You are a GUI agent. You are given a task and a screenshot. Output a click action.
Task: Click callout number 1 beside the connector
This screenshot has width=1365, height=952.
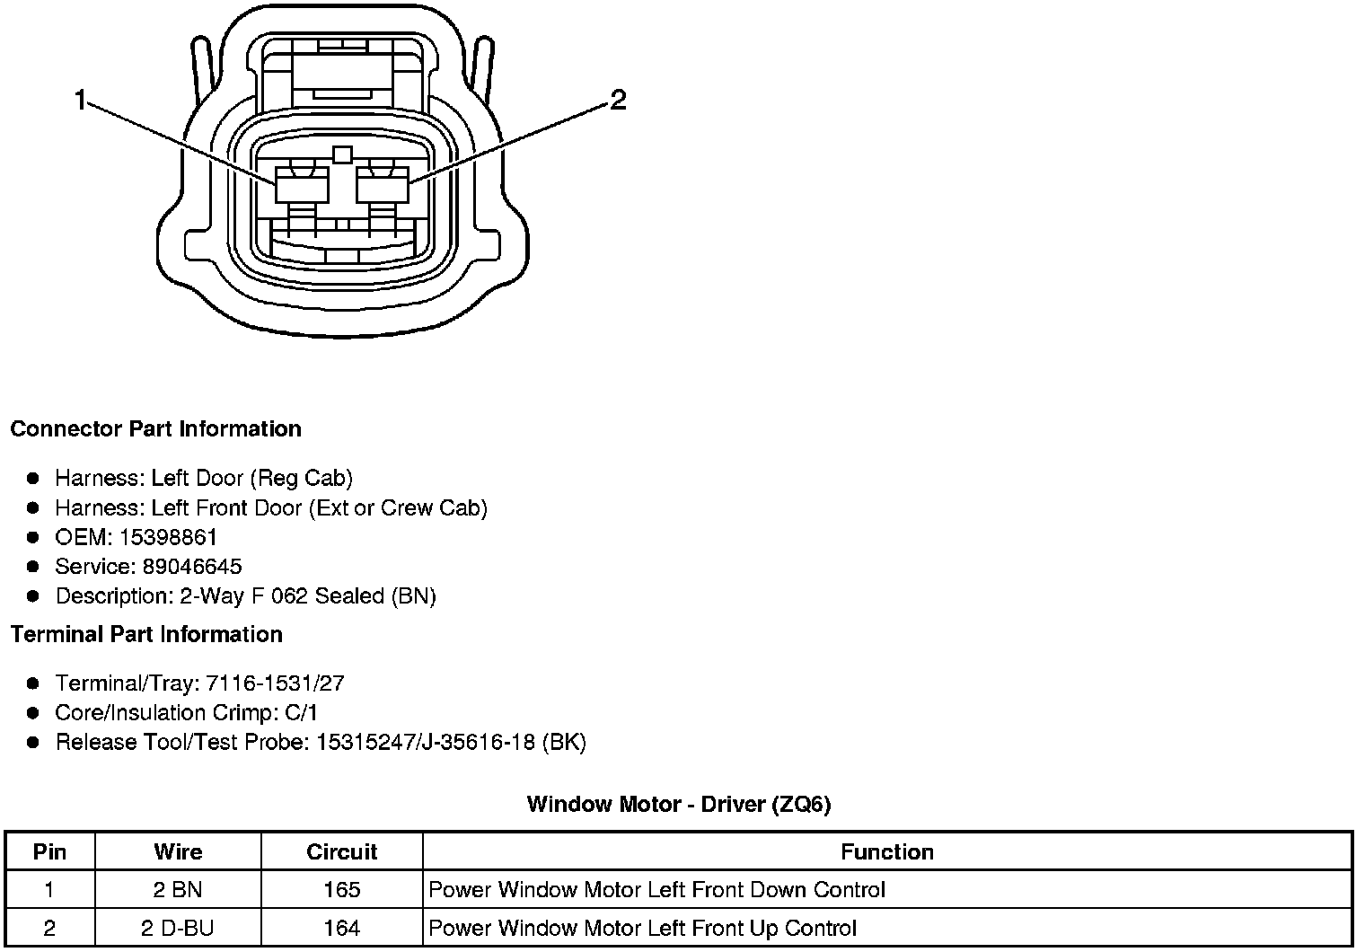tap(81, 101)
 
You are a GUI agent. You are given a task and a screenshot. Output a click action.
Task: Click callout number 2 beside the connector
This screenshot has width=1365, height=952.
tap(618, 101)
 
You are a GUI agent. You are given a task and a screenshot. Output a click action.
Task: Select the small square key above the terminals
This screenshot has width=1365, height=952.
tap(341, 154)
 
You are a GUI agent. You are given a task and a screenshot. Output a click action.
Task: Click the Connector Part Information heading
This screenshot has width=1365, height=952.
tap(155, 429)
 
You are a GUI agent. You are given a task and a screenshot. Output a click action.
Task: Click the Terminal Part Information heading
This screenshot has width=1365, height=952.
tap(146, 635)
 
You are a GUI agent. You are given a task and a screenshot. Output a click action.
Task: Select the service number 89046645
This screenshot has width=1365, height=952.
tap(192, 567)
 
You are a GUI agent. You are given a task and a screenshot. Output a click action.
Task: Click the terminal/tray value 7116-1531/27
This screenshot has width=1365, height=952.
tap(275, 683)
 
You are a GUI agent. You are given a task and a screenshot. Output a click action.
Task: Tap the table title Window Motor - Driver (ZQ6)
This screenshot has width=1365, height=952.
tap(679, 804)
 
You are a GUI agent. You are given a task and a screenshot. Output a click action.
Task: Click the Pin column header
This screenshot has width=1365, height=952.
tap(50, 851)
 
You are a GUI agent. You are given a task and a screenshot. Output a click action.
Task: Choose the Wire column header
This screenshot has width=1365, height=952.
tap(178, 851)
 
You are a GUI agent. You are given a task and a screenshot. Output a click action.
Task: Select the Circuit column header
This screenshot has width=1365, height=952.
tap(341, 851)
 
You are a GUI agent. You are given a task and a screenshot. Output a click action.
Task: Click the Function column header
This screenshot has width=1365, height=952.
tap(887, 851)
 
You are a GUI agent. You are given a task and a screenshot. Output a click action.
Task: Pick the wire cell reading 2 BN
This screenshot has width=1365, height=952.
tap(178, 890)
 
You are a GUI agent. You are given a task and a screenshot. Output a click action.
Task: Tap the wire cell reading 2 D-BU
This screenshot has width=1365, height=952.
tap(178, 928)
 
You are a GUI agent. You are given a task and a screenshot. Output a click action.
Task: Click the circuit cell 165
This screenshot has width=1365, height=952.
tap(341, 890)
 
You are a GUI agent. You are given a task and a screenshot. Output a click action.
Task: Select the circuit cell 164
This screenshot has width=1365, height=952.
tap(341, 928)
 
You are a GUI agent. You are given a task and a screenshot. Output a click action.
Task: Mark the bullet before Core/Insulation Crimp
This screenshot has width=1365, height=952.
tap(33, 713)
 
